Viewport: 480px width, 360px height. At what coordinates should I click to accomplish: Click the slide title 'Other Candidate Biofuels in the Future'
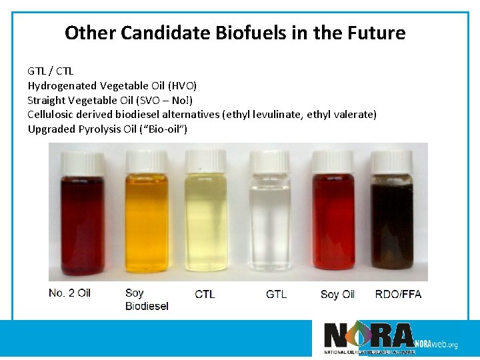point(235,33)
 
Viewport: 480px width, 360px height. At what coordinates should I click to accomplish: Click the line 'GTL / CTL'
point(51,71)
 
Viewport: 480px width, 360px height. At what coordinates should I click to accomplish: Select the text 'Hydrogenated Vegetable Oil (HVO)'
point(112,85)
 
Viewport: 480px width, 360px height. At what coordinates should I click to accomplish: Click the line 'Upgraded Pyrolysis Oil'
point(107,129)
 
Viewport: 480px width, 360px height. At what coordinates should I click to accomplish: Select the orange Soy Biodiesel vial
point(147,220)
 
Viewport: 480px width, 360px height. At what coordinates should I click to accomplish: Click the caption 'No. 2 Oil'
point(69,293)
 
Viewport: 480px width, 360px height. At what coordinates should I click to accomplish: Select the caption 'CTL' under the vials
point(205,294)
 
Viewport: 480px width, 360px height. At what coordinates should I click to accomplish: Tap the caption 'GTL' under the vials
point(276,294)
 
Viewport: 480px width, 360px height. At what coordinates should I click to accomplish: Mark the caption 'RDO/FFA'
point(398,294)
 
